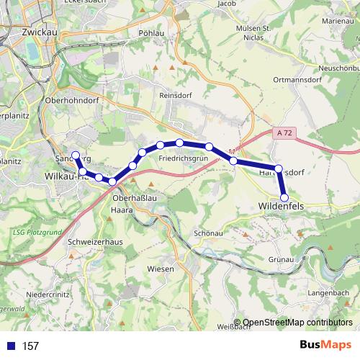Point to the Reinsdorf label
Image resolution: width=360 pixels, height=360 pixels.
click(x=174, y=104)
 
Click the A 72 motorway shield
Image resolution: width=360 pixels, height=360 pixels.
click(x=283, y=133)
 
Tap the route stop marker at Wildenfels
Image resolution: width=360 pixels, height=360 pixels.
click(x=284, y=197)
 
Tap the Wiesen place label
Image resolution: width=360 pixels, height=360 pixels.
click(x=162, y=268)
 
